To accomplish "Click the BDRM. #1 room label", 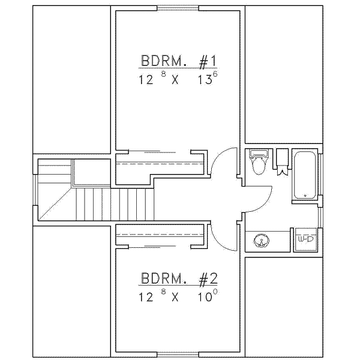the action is tap(178, 61).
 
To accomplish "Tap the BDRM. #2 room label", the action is tap(179, 278).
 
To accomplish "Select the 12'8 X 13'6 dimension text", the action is tap(178, 78).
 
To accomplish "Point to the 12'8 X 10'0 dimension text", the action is tap(178, 295).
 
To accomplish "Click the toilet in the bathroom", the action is tap(259, 162).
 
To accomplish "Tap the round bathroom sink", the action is tap(262, 241).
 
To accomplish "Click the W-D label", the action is tap(305, 239).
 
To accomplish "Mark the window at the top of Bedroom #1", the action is tap(178, 8).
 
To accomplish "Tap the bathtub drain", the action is tap(305, 196).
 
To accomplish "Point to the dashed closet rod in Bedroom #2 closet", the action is tap(160, 235).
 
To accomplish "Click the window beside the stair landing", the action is tap(35, 190).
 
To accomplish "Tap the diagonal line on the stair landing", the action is tap(55, 203).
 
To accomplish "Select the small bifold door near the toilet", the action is tap(282, 171).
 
